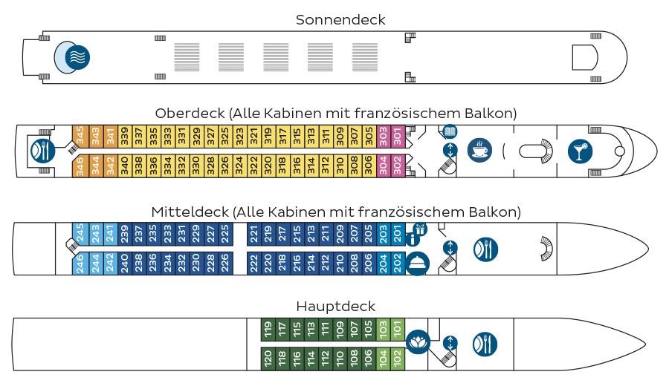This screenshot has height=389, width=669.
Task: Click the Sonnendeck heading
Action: click(340, 19)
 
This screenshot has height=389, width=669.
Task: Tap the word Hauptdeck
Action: click(336, 307)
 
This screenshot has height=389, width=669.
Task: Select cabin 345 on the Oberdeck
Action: click(80, 137)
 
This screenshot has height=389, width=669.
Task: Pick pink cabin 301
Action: click(398, 137)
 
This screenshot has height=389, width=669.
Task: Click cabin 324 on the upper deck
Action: click(239, 166)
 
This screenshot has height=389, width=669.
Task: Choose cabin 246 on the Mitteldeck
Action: click(80, 263)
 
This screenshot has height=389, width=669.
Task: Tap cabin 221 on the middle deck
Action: click(254, 234)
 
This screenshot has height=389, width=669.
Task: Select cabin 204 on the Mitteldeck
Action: click(383, 263)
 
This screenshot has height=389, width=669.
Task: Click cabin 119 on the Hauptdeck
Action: click(268, 330)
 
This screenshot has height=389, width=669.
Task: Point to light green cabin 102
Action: click(398, 359)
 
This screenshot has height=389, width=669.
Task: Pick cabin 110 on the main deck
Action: click(340, 359)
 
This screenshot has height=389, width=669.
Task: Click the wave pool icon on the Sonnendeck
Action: click(77, 57)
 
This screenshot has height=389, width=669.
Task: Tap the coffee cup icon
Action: click(479, 151)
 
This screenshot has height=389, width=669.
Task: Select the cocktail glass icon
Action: click(581, 151)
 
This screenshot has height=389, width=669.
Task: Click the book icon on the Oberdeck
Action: click(450, 131)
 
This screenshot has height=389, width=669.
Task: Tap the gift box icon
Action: click(420, 229)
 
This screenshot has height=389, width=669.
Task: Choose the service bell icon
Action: click(417, 264)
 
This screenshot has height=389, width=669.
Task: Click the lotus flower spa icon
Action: click(418, 341)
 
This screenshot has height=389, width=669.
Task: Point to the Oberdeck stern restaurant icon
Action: click(43, 151)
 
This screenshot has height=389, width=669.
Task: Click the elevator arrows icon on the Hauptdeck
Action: click(450, 343)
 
